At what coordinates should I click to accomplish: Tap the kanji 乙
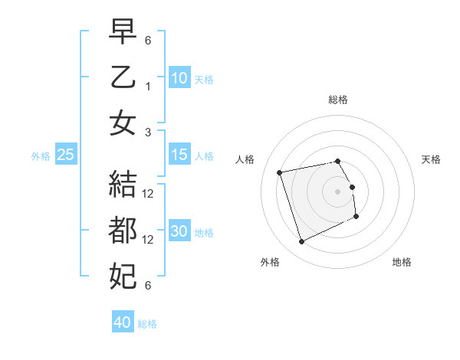click(123, 77)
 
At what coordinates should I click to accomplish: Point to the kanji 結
click(123, 184)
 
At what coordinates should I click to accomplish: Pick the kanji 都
click(123, 229)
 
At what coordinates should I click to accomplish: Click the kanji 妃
click(123, 273)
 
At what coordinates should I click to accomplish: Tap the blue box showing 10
click(179, 77)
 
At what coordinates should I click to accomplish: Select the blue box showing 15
click(179, 155)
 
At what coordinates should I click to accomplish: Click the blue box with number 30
click(179, 231)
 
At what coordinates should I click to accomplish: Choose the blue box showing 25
click(65, 155)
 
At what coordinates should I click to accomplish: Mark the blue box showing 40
click(123, 322)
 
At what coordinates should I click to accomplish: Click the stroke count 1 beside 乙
click(148, 86)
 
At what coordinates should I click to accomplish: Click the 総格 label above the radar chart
click(337, 100)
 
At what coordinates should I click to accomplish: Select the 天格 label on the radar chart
click(431, 159)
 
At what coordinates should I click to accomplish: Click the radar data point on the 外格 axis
click(301, 242)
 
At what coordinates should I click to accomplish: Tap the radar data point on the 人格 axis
click(280, 172)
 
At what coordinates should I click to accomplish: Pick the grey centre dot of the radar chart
click(337, 191)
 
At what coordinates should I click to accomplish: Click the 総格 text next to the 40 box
click(147, 324)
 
